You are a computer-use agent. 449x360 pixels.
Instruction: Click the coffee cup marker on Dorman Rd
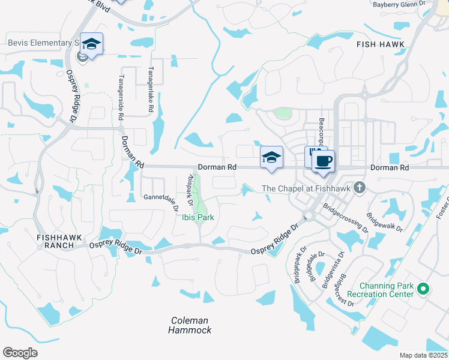click(x=323, y=161)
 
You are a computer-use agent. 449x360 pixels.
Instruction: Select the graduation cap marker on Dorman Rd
click(x=271, y=158)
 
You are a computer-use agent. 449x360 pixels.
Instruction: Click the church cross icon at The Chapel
click(x=359, y=188)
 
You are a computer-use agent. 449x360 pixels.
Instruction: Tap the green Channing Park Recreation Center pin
click(x=423, y=290)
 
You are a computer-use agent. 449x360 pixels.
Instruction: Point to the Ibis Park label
click(x=197, y=218)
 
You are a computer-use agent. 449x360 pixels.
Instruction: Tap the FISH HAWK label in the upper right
click(x=381, y=44)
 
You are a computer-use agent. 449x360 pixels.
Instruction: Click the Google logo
click(x=20, y=353)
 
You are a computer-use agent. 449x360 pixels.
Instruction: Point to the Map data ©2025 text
click(x=423, y=355)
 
